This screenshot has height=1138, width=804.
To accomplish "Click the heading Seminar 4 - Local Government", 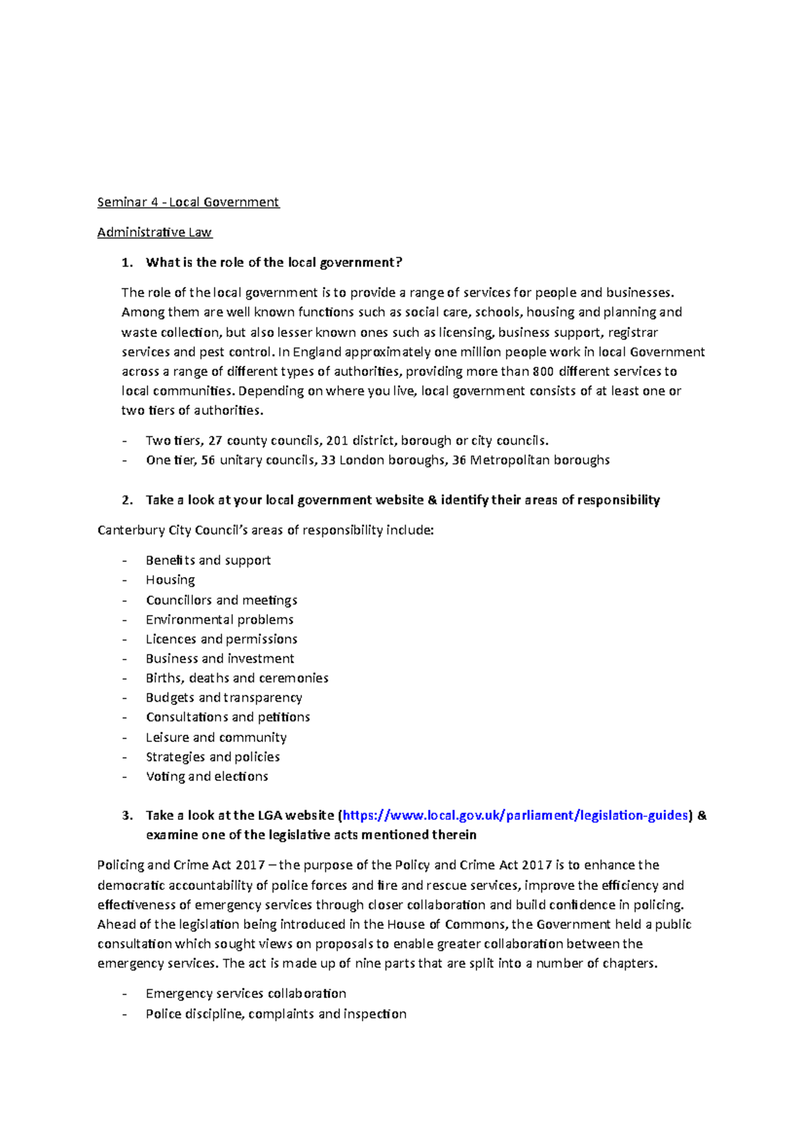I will point(188,202).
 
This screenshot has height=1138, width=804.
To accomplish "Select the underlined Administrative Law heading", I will point(154,232).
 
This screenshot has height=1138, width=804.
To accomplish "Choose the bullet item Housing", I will point(170,580).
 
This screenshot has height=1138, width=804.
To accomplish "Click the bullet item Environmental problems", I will point(220,619).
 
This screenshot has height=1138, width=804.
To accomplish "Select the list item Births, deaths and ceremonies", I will point(237,678).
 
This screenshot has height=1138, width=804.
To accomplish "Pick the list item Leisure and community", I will point(216,737).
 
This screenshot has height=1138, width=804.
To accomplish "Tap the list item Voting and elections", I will point(207,776).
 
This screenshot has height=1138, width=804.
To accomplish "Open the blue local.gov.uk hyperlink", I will point(515,815).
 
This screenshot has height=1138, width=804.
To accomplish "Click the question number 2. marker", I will point(127,500).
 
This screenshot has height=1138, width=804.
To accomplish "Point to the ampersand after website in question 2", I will point(432,500).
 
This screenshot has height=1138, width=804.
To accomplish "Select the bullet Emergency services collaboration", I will point(246,993).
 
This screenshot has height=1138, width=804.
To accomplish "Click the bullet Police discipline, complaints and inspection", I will point(276,1013).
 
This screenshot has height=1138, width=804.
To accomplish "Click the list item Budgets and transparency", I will point(224,698).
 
